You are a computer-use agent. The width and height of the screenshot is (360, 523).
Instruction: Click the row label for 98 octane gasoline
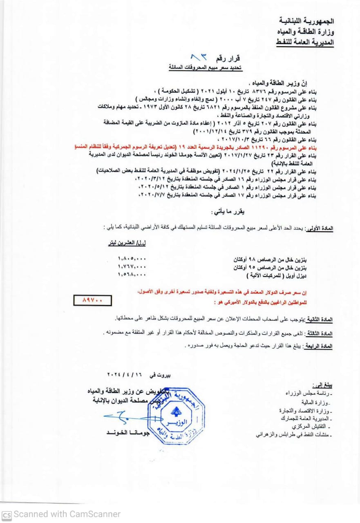tap(271, 259)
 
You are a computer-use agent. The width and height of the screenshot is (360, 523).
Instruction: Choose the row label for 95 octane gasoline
tap(271, 267)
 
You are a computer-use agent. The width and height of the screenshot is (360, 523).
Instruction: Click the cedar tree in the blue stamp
tap(176, 411)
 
